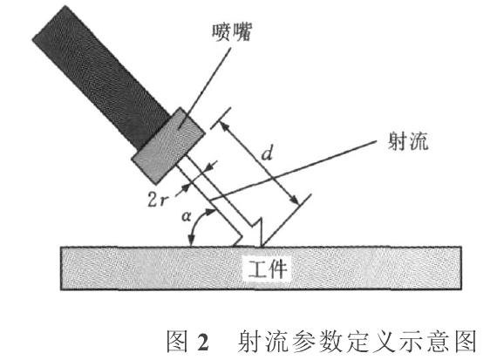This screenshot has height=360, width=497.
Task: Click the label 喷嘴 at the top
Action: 232,32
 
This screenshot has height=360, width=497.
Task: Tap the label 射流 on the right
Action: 409,141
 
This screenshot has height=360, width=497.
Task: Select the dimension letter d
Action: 267,153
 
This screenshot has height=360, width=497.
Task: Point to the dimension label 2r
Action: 157,200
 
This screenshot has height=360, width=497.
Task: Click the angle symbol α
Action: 187,216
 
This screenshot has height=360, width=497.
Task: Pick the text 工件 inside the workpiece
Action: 267,269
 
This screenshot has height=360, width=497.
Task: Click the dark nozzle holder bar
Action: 101,77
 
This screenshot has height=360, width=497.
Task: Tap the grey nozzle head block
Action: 168,146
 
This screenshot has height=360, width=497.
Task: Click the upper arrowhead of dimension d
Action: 224,126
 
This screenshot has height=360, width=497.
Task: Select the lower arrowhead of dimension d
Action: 294,200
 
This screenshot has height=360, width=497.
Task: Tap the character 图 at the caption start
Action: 178,342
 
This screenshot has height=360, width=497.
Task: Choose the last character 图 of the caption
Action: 465,342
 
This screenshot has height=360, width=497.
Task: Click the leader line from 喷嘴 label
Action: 204,88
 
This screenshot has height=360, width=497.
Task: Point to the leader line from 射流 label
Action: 294,171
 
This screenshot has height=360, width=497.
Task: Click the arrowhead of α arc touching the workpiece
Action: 191,241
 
